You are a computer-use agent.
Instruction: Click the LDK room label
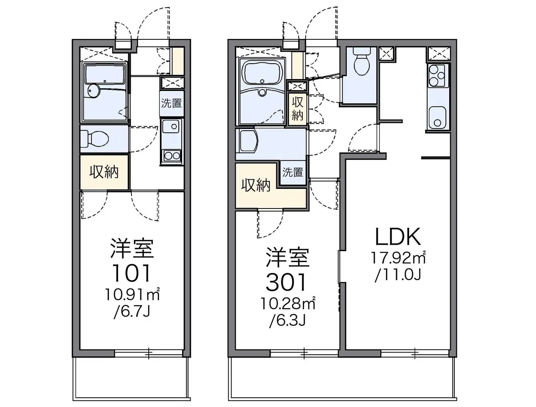pyautogui.click(x=398, y=237)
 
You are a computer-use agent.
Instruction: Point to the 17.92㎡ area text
pyautogui.click(x=398, y=258)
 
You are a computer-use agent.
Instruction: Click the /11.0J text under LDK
pyautogui.click(x=398, y=276)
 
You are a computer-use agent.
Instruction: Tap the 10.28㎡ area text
pyautogui.click(x=288, y=304)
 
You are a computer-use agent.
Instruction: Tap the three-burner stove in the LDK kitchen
pyautogui.click(x=438, y=75)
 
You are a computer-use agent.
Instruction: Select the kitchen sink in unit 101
pyautogui.click(x=171, y=127)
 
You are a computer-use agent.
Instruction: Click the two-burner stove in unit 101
pyautogui.click(x=172, y=155)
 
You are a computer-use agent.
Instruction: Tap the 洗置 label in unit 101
pyautogui.click(x=171, y=103)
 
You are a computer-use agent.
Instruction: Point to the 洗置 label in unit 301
pyautogui.click(x=293, y=172)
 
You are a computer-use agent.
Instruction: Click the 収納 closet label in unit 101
pyautogui.click(x=104, y=172)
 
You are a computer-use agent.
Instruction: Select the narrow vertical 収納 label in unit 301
pyautogui.click(x=297, y=108)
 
